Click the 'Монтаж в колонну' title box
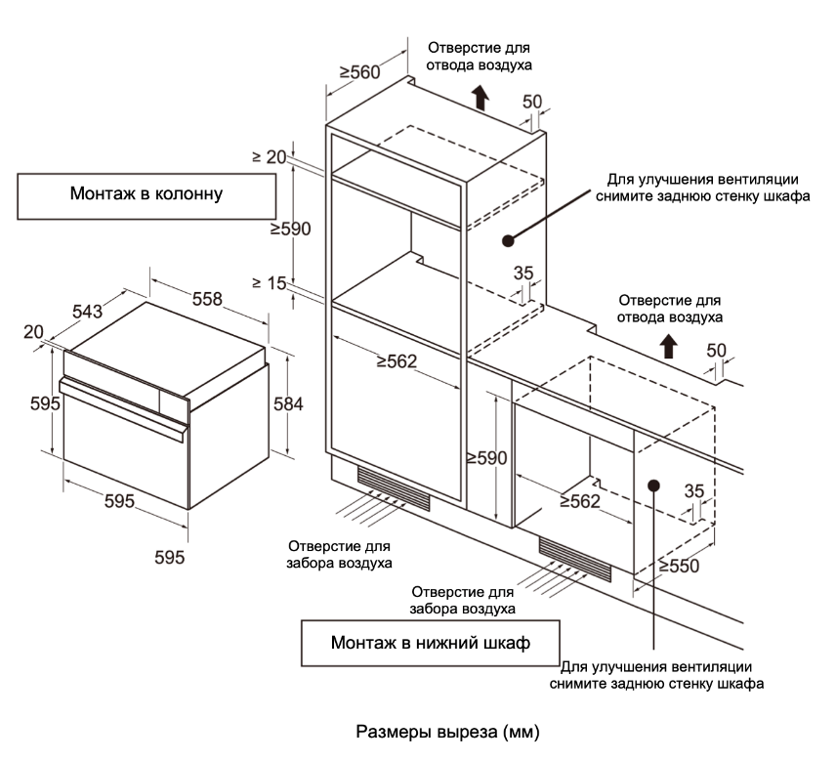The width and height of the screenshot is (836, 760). pos(146,196)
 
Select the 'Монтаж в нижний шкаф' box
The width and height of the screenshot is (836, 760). pos(431,643)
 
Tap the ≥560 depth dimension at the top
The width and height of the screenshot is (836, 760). pos(359,72)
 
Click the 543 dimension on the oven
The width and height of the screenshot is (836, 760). pos(88,311)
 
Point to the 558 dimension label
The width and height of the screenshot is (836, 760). pos(207,299)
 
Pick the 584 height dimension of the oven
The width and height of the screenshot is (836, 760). pos(288,403)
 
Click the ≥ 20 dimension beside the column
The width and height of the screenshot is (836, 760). pos(270,157)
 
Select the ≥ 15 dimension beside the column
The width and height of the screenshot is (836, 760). pos(270,282)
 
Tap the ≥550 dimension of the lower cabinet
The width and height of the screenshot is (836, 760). pos(678,566)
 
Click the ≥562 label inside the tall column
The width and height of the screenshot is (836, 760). pos(397,361)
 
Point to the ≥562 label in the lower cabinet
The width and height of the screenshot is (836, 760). pos(580,501)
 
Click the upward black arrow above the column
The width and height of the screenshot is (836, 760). pos(481,97)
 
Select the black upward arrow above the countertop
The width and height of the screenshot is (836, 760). pos(669,347)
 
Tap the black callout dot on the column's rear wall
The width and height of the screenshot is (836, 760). pos(508,240)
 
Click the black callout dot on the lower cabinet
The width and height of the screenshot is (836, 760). pos(653,486)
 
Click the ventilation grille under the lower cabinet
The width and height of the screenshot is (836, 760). pos(574,560)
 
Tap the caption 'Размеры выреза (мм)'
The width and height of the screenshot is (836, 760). pos(447,732)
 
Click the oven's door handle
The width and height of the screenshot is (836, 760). pos(124,408)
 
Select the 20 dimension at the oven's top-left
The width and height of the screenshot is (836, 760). pos(33,332)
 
